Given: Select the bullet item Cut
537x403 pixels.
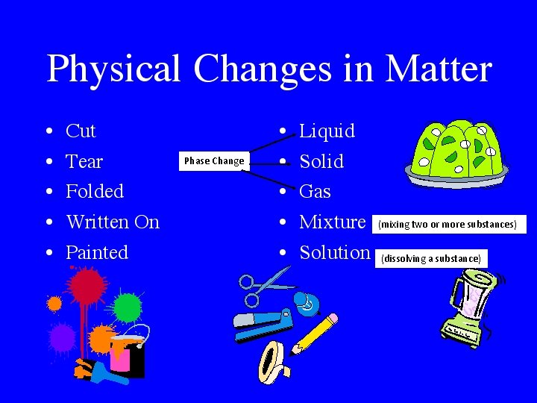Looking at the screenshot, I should [x=81, y=131].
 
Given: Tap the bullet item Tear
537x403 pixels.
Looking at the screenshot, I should [x=84, y=161].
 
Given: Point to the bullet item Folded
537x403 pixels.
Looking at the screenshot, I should [x=95, y=192].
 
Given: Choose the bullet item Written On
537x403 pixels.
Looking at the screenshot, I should [x=113, y=222].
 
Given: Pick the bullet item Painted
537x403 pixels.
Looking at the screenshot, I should [x=97, y=252].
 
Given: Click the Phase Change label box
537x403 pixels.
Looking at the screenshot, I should [x=214, y=160].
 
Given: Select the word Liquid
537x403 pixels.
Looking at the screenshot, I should [x=327, y=131].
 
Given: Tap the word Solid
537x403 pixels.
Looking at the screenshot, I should [x=321, y=161].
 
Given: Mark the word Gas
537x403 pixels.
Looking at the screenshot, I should [x=315, y=192].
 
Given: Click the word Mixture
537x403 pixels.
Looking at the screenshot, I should [x=332, y=222].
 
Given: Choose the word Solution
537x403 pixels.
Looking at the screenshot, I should [x=335, y=252].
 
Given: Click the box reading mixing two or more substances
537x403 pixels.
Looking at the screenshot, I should [x=447, y=224].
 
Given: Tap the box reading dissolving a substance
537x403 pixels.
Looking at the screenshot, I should [x=431, y=259].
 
